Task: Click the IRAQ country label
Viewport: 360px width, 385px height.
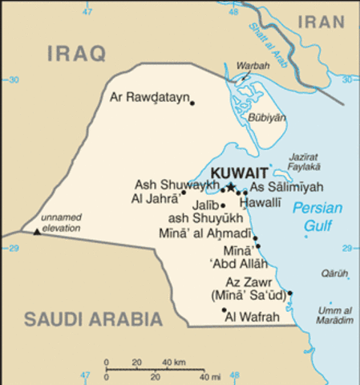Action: [76, 54]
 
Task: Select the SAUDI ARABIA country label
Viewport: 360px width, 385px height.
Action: [93, 318]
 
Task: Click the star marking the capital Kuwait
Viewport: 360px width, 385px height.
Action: [231, 187]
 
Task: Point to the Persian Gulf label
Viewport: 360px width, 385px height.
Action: [317, 217]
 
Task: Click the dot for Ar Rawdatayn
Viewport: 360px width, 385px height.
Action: [192, 103]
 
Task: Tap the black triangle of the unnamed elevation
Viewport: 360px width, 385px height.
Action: [36, 233]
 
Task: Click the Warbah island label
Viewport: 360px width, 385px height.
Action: [253, 65]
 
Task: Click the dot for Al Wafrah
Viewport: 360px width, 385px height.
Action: [224, 310]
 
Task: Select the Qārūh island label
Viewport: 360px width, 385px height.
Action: [335, 273]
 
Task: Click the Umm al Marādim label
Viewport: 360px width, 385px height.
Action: [335, 315]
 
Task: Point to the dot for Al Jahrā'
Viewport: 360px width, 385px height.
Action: [183, 192]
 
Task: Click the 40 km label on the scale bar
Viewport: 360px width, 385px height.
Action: [175, 363]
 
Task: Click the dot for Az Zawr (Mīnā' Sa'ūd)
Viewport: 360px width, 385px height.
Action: [290, 294]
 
